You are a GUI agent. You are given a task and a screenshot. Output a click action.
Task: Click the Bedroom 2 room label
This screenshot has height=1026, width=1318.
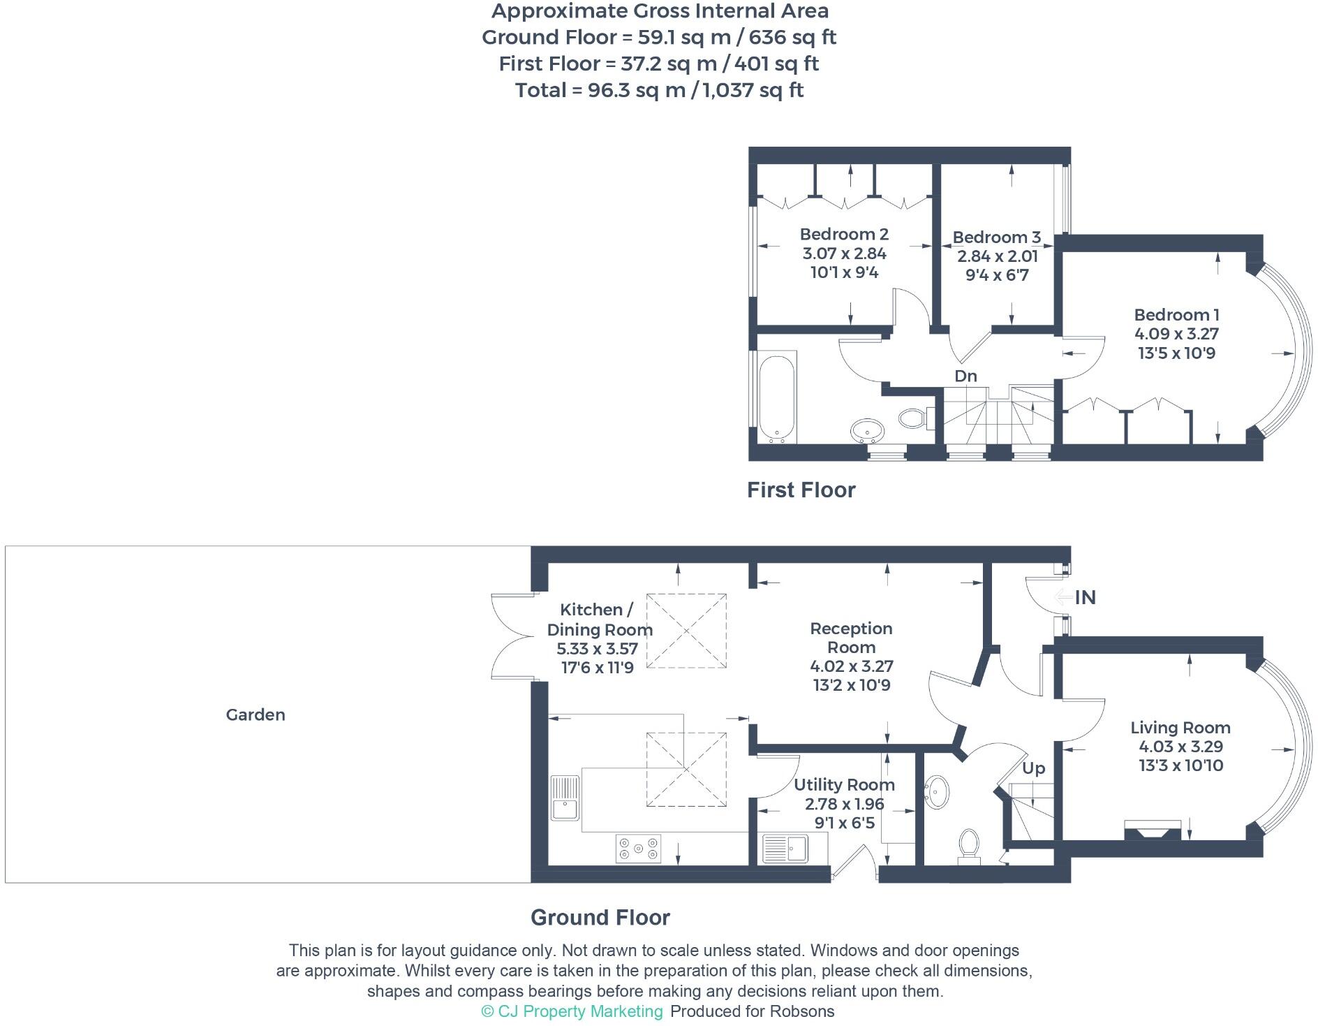[844, 234]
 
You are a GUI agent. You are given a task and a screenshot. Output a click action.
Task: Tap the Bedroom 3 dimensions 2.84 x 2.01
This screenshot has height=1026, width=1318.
[997, 256]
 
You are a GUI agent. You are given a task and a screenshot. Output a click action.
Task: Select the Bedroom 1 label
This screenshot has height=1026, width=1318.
[1176, 315]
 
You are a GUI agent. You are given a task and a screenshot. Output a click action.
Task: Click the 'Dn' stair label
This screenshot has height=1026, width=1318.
[965, 376]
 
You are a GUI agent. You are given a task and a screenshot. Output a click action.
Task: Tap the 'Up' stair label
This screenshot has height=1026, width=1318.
[1033, 768]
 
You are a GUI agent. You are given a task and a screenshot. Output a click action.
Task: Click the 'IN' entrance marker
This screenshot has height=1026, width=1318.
[1085, 598]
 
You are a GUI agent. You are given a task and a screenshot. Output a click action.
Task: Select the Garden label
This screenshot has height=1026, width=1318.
[256, 714]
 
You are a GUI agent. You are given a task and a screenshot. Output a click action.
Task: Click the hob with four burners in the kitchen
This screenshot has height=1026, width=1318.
[638, 848]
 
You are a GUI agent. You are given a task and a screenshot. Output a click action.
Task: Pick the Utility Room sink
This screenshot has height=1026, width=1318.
[785, 849]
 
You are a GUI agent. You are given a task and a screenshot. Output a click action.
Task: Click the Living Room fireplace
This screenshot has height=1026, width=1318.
[1152, 831]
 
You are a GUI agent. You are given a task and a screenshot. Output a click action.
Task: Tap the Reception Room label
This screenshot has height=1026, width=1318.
[851, 638]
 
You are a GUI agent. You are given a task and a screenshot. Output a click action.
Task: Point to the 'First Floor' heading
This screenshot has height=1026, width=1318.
[801, 490]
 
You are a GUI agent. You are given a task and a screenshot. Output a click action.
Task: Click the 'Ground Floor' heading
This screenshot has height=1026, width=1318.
[600, 917]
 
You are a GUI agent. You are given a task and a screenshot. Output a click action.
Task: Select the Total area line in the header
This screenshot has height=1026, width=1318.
[659, 90]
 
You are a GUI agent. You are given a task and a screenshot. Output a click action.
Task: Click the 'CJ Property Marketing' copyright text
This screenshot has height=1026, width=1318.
[572, 1011]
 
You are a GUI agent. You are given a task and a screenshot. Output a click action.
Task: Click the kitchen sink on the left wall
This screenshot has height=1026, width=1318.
[565, 798]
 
